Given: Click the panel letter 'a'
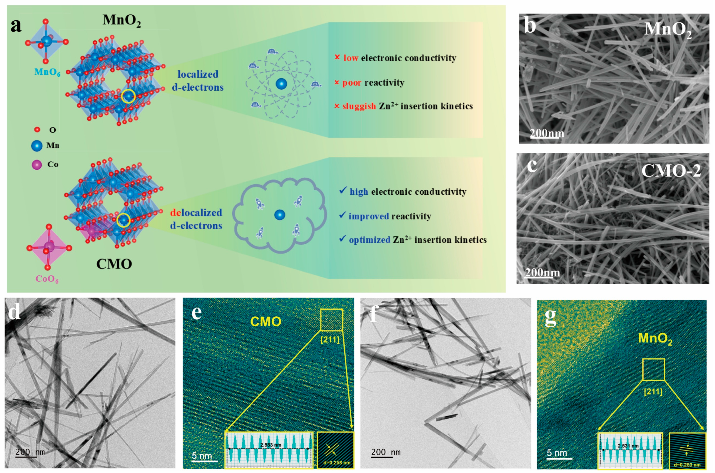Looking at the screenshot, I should pyautogui.click(x=16, y=26).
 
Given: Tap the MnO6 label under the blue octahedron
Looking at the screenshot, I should pyautogui.click(x=47, y=72).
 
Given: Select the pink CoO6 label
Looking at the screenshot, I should pyautogui.click(x=47, y=279).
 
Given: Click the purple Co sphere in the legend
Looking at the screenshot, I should pyautogui.click(x=37, y=165).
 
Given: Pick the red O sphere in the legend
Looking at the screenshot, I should pyautogui.click(x=37, y=130).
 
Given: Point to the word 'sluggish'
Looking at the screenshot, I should pyautogui.click(x=359, y=106).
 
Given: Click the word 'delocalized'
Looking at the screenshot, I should pyautogui.click(x=196, y=213).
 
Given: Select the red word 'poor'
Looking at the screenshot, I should pyautogui.click(x=352, y=83).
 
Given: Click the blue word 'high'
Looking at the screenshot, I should pyautogui.click(x=359, y=192).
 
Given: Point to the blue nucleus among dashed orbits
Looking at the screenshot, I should pyautogui.click(x=281, y=84).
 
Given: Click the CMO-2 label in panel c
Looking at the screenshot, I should pyautogui.click(x=671, y=171).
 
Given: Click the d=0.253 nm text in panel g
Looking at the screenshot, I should pyautogui.click(x=687, y=465).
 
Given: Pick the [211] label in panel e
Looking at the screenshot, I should pyautogui.click(x=330, y=340).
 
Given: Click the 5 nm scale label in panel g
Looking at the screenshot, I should pyautogui.click(x=557, y=453).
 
